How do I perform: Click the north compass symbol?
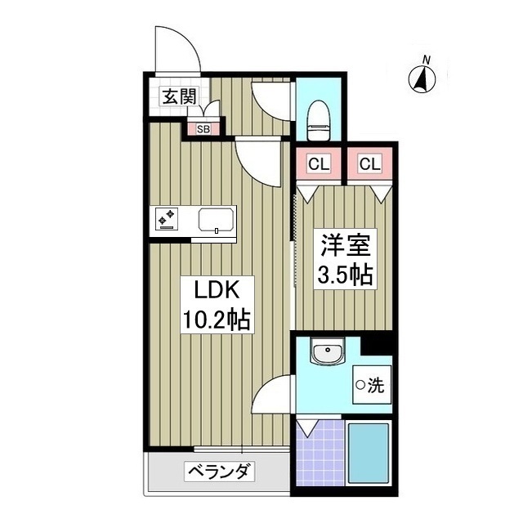[x=423, y=78]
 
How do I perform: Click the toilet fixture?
[x=318, y=118]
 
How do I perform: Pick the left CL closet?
[x=319, y=164]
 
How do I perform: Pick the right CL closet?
[x=369, y=164]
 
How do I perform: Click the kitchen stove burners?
[x=168, y=219]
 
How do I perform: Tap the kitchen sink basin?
[x=216, y=220]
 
